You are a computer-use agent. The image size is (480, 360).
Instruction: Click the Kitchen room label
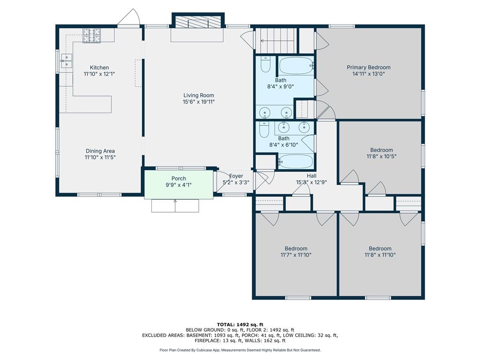point(99,67)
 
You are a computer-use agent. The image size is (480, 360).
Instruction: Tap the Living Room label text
point(199,96)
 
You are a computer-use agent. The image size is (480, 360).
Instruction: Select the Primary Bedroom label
point(368,67)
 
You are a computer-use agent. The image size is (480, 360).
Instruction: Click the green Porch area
point(179,185)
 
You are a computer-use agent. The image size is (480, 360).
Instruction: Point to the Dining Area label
point(100,151)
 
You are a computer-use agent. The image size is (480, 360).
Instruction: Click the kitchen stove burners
point(91,35)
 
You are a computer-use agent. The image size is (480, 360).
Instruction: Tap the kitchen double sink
point(67,61)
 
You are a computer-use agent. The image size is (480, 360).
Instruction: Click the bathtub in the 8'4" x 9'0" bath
point(296,66)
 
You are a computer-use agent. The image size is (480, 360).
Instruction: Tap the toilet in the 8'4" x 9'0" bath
point(265,64)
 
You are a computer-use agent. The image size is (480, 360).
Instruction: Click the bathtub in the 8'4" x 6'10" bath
point(296,161)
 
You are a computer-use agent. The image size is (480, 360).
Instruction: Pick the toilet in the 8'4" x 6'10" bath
point(264,129)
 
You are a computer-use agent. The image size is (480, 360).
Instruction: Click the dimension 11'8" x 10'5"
point(382,157)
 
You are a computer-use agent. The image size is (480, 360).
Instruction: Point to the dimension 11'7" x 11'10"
point(296,255)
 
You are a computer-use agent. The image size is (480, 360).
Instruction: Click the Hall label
point(312,176)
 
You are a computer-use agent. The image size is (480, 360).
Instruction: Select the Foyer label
point(236,176)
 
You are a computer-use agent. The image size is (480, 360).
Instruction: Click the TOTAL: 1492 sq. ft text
point(240,324)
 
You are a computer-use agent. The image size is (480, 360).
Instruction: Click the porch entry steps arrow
point(175,205)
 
